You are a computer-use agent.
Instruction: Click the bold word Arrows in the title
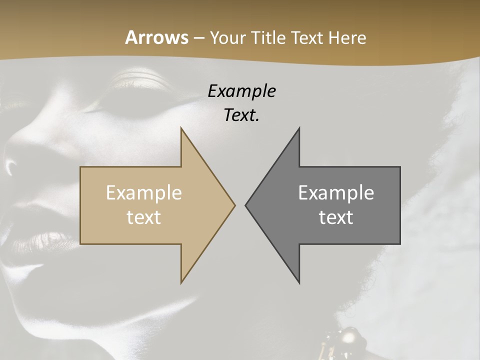(x=156, y=37)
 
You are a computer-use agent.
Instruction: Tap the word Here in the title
(x=347, y=37)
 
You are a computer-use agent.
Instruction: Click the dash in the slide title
(x=198, y=38)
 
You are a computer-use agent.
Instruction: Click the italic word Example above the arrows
(x=241, y=91)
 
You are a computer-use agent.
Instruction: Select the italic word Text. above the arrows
(x=241, y=115)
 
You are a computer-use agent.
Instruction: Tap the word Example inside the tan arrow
(x=144, y=193)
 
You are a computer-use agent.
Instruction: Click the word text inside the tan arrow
(x=144, y=217)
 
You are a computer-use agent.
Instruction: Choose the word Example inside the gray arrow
(x=336, y=193)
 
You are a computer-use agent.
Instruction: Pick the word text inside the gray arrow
(x=336, y=217)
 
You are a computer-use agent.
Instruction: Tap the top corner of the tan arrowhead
(x=181, y=128)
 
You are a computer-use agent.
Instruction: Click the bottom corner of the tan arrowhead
(x=181, y=282)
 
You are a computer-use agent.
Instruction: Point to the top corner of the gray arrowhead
(x=299, y=128)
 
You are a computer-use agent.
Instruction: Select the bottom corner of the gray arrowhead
(x=299, y=282)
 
